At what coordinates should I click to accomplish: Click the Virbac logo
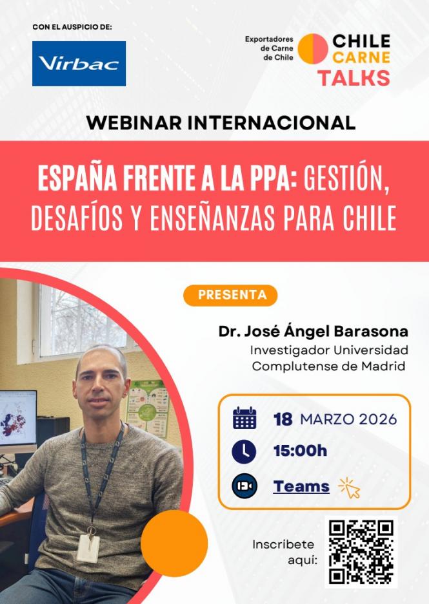coord(79,63)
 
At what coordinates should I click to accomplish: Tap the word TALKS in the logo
coord(353,78)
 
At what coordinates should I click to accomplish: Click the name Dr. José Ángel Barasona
coord(313,332)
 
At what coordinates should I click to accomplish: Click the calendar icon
coord(244,419)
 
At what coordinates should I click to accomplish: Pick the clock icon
coord(244,451)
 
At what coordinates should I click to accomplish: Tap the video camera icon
coord(244,486)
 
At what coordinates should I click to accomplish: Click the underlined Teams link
coord(301,486)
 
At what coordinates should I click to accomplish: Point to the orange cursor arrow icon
coord(350,487)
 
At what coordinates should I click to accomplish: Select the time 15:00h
coord(300,451)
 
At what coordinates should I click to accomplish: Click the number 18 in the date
coord(283,419)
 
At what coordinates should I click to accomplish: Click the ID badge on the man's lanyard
coord(88,547)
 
